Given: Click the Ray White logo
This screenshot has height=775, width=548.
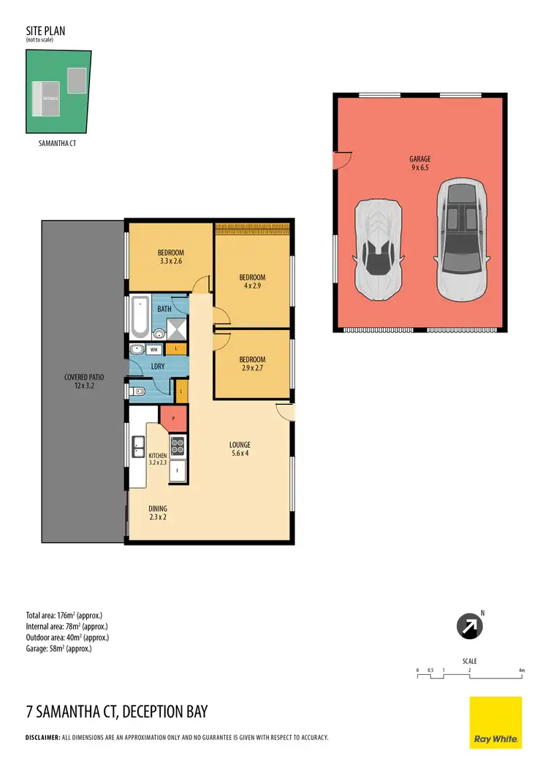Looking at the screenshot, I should click(495, 722).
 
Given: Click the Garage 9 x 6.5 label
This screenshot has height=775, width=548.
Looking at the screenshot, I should click(419, 164).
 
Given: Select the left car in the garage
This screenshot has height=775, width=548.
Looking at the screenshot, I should click(378, 248).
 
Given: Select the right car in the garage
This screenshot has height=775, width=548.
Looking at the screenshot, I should click(462, 240).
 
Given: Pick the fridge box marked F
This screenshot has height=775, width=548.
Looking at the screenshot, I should click(176, 471).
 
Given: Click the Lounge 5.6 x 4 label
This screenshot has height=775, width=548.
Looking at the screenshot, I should click(240, 449).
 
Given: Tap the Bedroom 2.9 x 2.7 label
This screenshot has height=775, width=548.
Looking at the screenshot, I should click(252, 364).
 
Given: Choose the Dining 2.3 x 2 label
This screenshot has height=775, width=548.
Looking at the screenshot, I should click(158, 513).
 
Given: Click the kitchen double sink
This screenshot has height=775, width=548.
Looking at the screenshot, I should click(138, 446).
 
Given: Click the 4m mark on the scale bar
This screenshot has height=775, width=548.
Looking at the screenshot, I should click(521, 671).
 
